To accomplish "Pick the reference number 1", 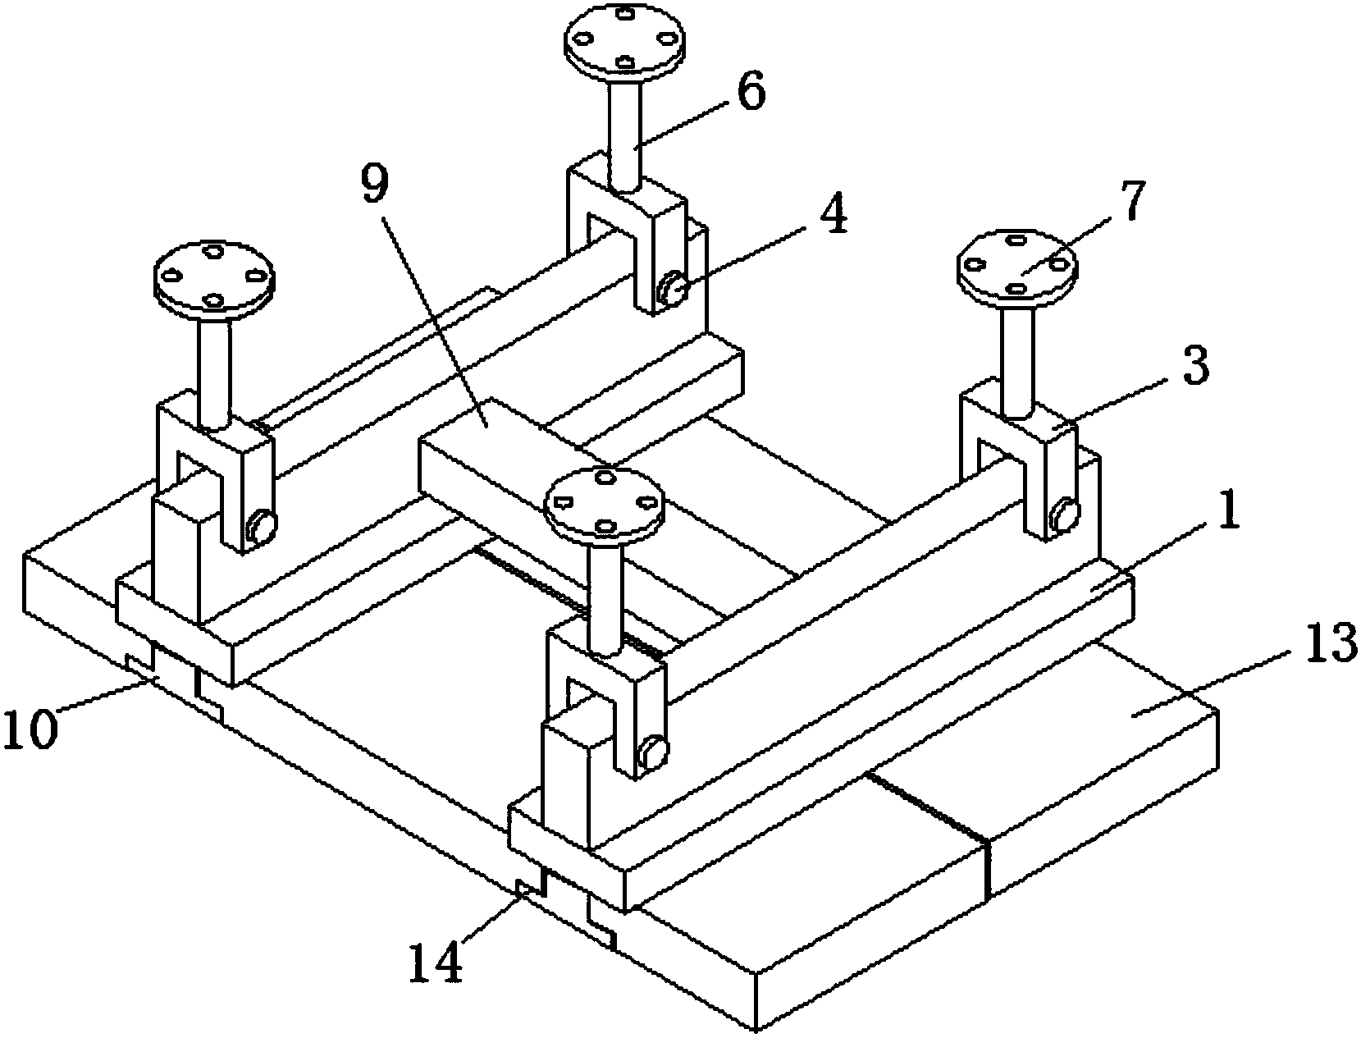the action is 1226,509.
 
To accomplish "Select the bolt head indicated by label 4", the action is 672,287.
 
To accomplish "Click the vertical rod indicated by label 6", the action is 623,136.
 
